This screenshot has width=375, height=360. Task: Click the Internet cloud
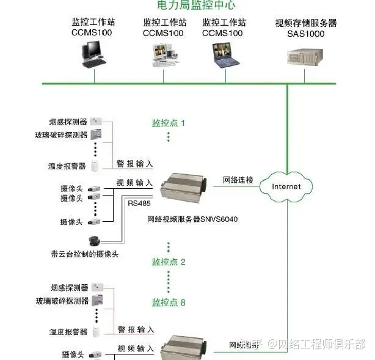point(286,186)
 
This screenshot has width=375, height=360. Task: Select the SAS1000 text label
point(305,34)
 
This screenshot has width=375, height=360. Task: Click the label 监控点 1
point(168,123)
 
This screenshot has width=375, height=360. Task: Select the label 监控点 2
point(168,262)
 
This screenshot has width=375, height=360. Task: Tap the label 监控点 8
point(168,303)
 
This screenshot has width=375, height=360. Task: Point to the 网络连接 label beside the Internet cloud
point(238,180)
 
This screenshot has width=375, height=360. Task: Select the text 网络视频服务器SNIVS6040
point(192,218)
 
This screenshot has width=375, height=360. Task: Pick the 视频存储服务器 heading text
point(305,23)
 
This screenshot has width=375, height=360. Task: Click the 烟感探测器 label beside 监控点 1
point(68,122)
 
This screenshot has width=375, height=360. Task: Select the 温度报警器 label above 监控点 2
point(68,166)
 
